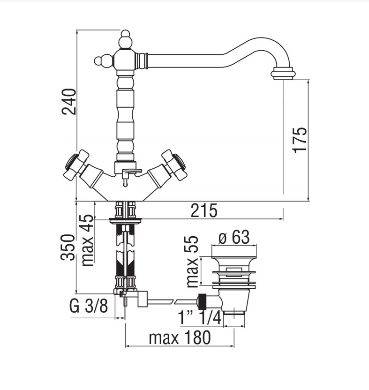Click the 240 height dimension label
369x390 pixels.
(68, 101)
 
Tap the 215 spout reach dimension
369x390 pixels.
(204, 211)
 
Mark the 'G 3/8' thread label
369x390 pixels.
(89, 307)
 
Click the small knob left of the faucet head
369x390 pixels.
(100, 61)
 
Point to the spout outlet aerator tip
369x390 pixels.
(283, 74)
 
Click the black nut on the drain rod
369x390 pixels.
(203, 300)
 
